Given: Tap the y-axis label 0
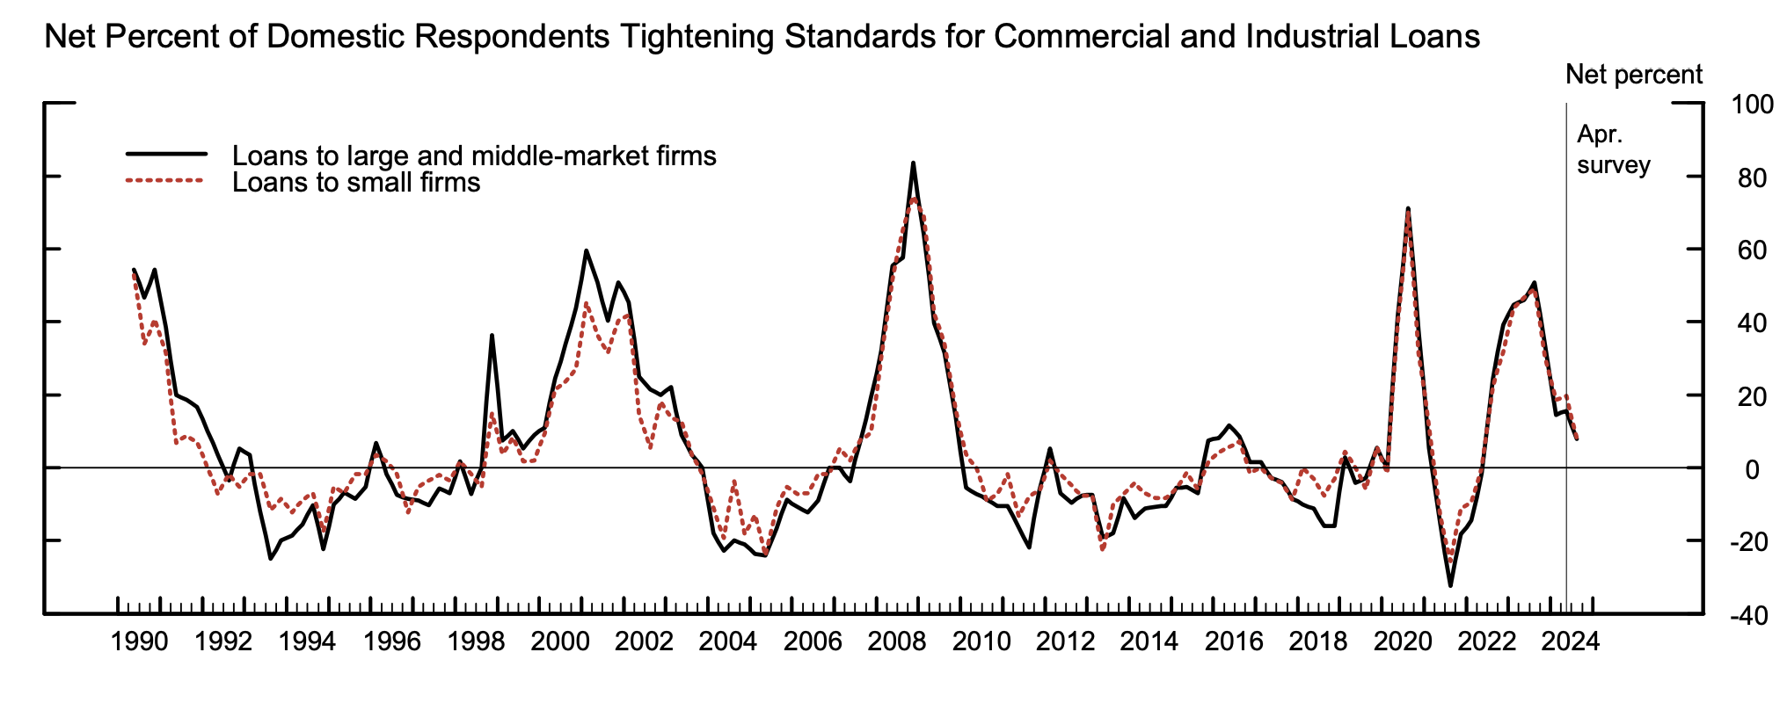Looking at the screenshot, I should tap(1752, 469).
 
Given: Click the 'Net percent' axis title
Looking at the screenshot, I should tap(1634, 75).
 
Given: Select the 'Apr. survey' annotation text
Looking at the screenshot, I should tap(1613, 150).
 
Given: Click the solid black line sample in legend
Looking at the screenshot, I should tap(166, 154).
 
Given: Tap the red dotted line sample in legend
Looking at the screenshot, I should tap(166, 181).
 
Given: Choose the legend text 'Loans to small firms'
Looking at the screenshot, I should tap(356, 183).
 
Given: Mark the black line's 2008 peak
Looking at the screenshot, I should tap(913, 163).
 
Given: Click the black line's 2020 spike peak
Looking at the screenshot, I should tap(1408, 209).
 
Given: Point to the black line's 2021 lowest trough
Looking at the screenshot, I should tap(1450, 585).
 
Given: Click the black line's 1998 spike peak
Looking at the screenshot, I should tap(492, 336).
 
